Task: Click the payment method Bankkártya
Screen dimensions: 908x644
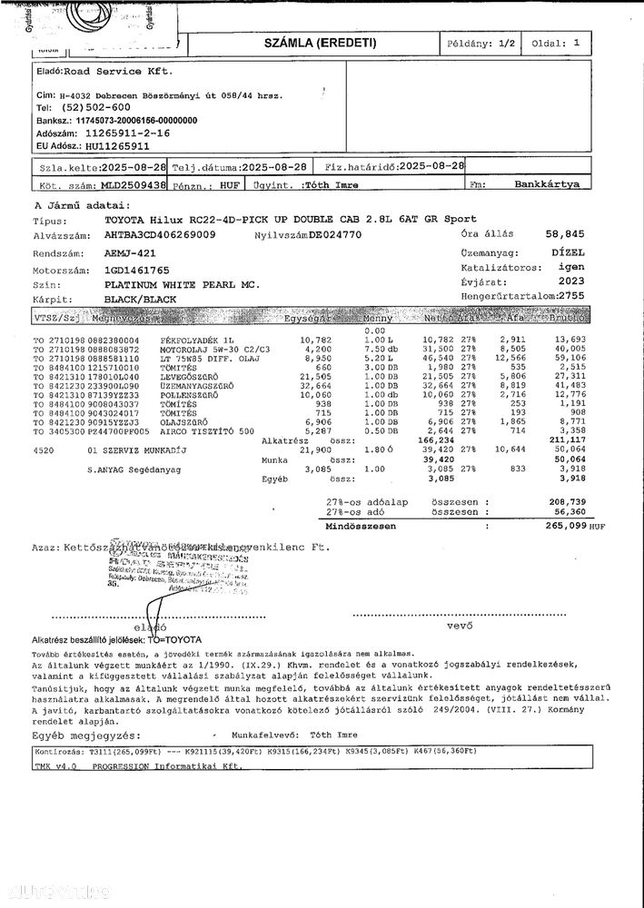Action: [x=547, y=183]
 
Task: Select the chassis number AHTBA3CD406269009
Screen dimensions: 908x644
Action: [x=161, y=234]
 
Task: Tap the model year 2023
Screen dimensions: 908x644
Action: [x=572, y=282]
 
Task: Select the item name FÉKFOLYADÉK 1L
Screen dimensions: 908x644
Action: [x=194, y=338]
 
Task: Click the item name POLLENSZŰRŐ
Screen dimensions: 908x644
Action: [x=189, y=395]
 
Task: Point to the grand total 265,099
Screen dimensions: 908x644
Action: [x=565, y=526]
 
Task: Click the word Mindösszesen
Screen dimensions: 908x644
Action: [x=360, y=526]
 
